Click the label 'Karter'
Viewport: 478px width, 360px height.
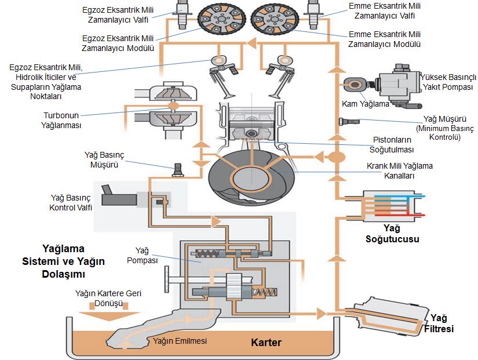[266, 343]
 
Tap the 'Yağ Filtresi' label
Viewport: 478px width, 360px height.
[441, 323]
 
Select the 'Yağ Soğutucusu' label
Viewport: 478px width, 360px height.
[392, 234]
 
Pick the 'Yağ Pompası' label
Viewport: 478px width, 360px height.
[147, 256]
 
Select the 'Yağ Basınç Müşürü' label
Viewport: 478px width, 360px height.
[101, 159]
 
